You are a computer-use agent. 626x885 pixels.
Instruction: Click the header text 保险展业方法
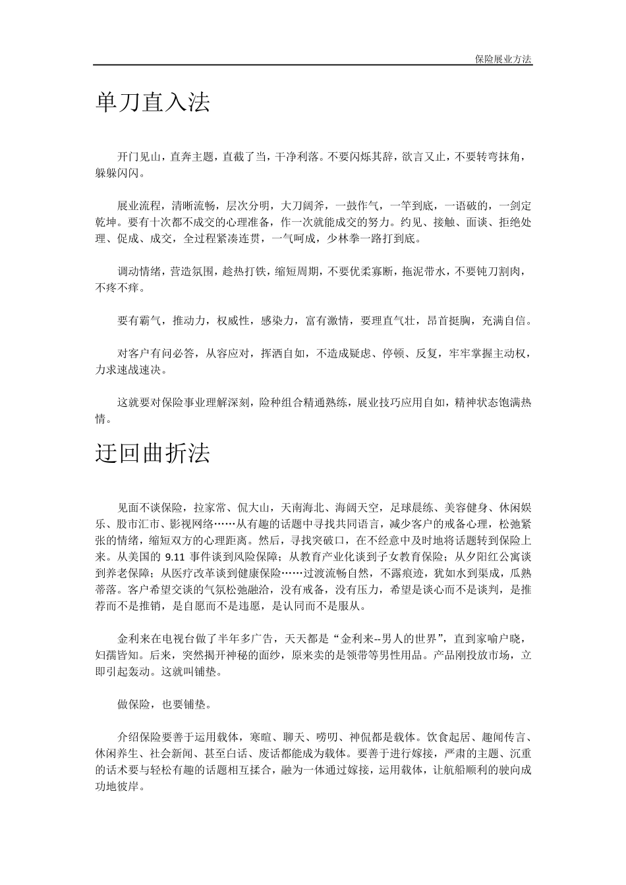[x=503, y=59]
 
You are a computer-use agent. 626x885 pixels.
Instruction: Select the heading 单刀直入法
[x=152, y=102]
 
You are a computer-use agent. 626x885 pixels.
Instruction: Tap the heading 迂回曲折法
[x=152, y=454]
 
